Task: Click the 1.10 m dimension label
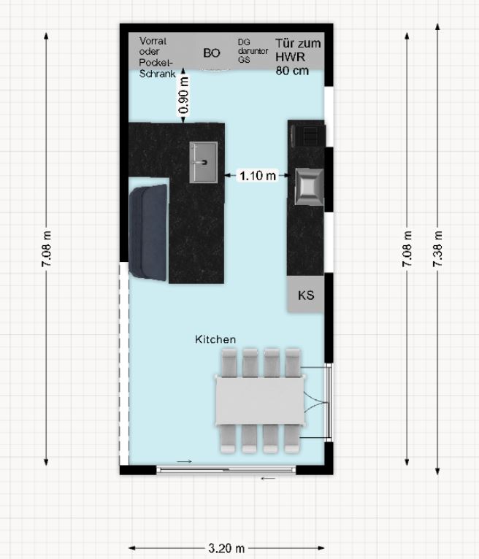258,175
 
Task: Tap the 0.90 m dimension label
183,96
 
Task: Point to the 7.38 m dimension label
437,249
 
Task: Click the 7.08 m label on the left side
46,249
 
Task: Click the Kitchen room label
215,339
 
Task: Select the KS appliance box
306,294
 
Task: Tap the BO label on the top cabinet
212,53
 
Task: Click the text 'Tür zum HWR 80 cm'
298,57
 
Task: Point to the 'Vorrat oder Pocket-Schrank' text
157,57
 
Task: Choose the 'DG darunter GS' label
253,51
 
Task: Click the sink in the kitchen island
203,162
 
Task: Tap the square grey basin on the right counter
309,187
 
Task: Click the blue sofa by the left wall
148,233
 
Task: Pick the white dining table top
261,401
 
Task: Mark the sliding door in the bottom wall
226,470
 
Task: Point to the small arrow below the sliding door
268,479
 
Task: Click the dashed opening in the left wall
123,363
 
